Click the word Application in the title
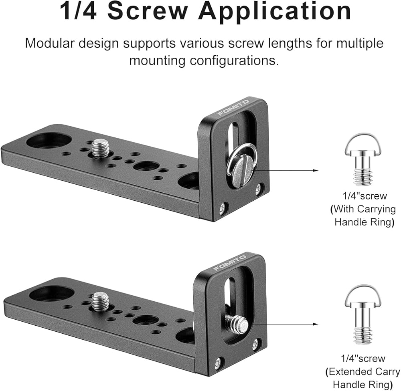tap(274, 11)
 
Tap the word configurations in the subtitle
tap(234, 60)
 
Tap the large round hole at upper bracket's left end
tap(49, 140)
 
